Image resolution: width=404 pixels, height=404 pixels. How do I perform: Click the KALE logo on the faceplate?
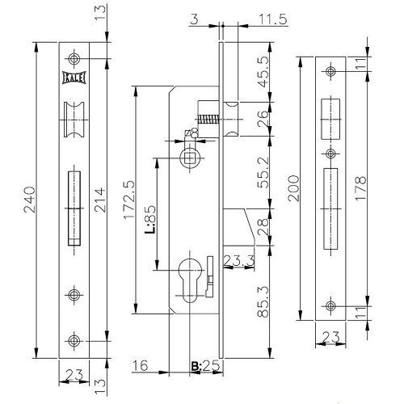(x=74, y=78)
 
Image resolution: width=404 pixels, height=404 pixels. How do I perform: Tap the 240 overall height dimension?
(x=30, y=200)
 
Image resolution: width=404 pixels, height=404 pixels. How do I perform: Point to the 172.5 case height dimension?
(x=129, y=200)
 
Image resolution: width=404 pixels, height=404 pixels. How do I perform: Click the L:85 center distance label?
(x=151, y=219)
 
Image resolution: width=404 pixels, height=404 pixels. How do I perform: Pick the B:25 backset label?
(x=205, y=366)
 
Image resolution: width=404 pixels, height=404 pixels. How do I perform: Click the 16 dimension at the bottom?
(x=140, y=365)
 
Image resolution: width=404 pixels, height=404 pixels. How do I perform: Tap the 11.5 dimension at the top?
(x=273, y=19)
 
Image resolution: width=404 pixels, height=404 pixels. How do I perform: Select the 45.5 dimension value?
(x=263, y=71)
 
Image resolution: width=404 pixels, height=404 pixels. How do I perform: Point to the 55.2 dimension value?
(x=263, y=172)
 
